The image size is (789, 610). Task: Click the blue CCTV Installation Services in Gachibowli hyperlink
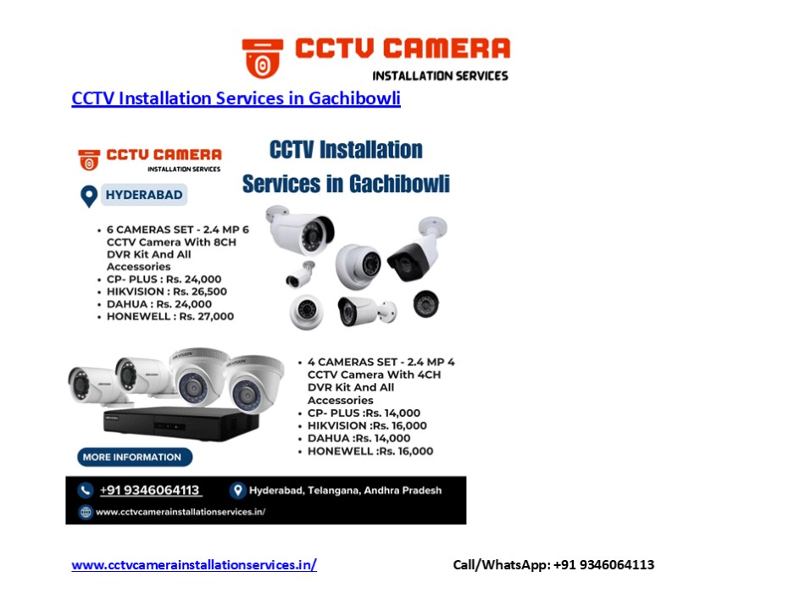(x=236, y=98)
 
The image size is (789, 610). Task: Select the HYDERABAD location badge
(x=143, y=195)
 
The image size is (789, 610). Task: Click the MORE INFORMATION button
(x=132, y=457)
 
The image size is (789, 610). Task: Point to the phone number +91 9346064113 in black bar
(x=150, y=491)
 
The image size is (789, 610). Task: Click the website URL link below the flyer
(x=194, y=565)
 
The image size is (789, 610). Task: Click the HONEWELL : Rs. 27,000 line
(x=169, y=317)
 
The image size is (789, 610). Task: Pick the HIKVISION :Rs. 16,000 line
(x=367, y=425)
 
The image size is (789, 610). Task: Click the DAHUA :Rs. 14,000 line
(x=358, y=438)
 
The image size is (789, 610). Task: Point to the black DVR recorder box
(x=170, y=423)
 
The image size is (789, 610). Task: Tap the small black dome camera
(x=426, y=303)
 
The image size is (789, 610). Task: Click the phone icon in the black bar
(x=86, y=491)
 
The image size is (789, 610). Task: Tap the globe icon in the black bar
(x=86, y=512)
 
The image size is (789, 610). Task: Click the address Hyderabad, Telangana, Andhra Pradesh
(x=344, y=491)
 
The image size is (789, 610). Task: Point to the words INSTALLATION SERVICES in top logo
(x=440, y=75)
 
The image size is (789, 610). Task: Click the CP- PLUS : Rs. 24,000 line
(x=164, y=279)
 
